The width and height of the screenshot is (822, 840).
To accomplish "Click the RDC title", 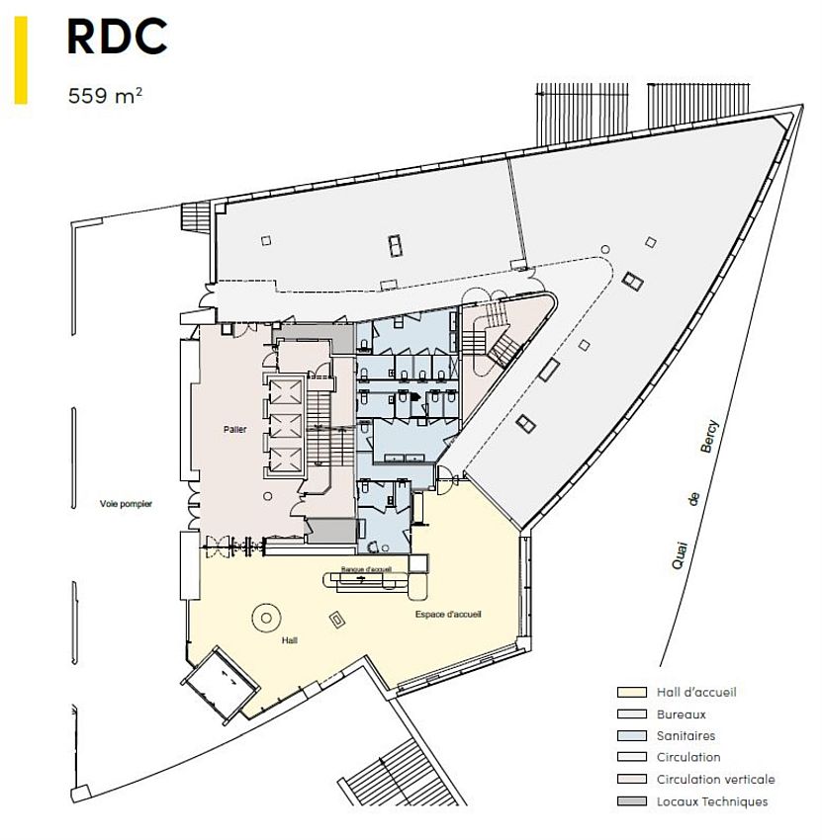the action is (117, 36).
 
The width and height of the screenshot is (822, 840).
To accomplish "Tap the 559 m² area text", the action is (105, 96).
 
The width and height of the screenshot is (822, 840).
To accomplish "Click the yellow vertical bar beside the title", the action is (21, 60).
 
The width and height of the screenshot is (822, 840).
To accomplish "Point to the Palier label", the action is (234, 429).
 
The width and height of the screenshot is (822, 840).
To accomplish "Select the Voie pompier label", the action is (126, 504).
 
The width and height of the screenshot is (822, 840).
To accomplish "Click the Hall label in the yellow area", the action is (290, 640).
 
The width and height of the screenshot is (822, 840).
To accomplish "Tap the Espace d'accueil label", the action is (448, 614).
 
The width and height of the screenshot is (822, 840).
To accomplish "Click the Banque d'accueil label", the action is (366, 569).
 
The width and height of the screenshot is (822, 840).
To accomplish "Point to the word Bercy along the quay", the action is (709, 437).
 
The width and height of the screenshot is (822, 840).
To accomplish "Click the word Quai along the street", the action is (680, 555).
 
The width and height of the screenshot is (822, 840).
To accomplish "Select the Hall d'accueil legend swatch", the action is (632, 692).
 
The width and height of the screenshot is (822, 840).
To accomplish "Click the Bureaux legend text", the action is (681, 714).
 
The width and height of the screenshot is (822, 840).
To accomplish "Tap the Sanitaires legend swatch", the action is (632, 735).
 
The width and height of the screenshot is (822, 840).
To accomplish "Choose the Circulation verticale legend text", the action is (716, 779).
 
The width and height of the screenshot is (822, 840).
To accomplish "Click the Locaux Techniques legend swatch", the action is (632, 801).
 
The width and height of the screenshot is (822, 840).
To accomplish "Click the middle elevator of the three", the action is (285, 425).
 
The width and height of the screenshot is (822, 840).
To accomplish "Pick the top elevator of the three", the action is (285, 391).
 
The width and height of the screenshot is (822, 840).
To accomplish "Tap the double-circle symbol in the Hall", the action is (266, 619).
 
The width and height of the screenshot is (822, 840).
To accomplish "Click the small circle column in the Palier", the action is (267, 496).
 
